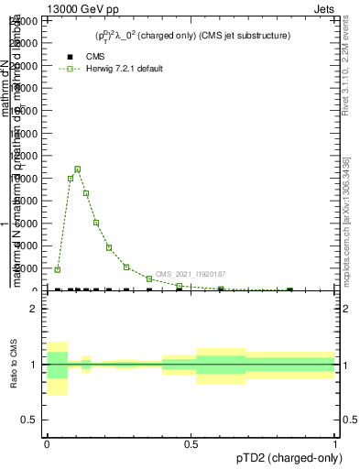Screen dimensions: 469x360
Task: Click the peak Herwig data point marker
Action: [x=78, y=169]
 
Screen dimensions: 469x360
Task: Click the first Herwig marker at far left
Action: [x=57, y=269]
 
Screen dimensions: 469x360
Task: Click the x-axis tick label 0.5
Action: [x=191, y=442]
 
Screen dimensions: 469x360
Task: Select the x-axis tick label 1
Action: [x=334, y=442]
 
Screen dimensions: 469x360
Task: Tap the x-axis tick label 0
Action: [x=47, y=442]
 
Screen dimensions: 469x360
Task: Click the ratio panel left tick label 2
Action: [x=33, y=309]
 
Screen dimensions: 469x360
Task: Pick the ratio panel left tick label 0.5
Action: [x=29, y=420]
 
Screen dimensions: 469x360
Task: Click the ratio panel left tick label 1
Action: [x=33, y=365]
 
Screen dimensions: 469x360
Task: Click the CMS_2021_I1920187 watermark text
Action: [x=191, y=274]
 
